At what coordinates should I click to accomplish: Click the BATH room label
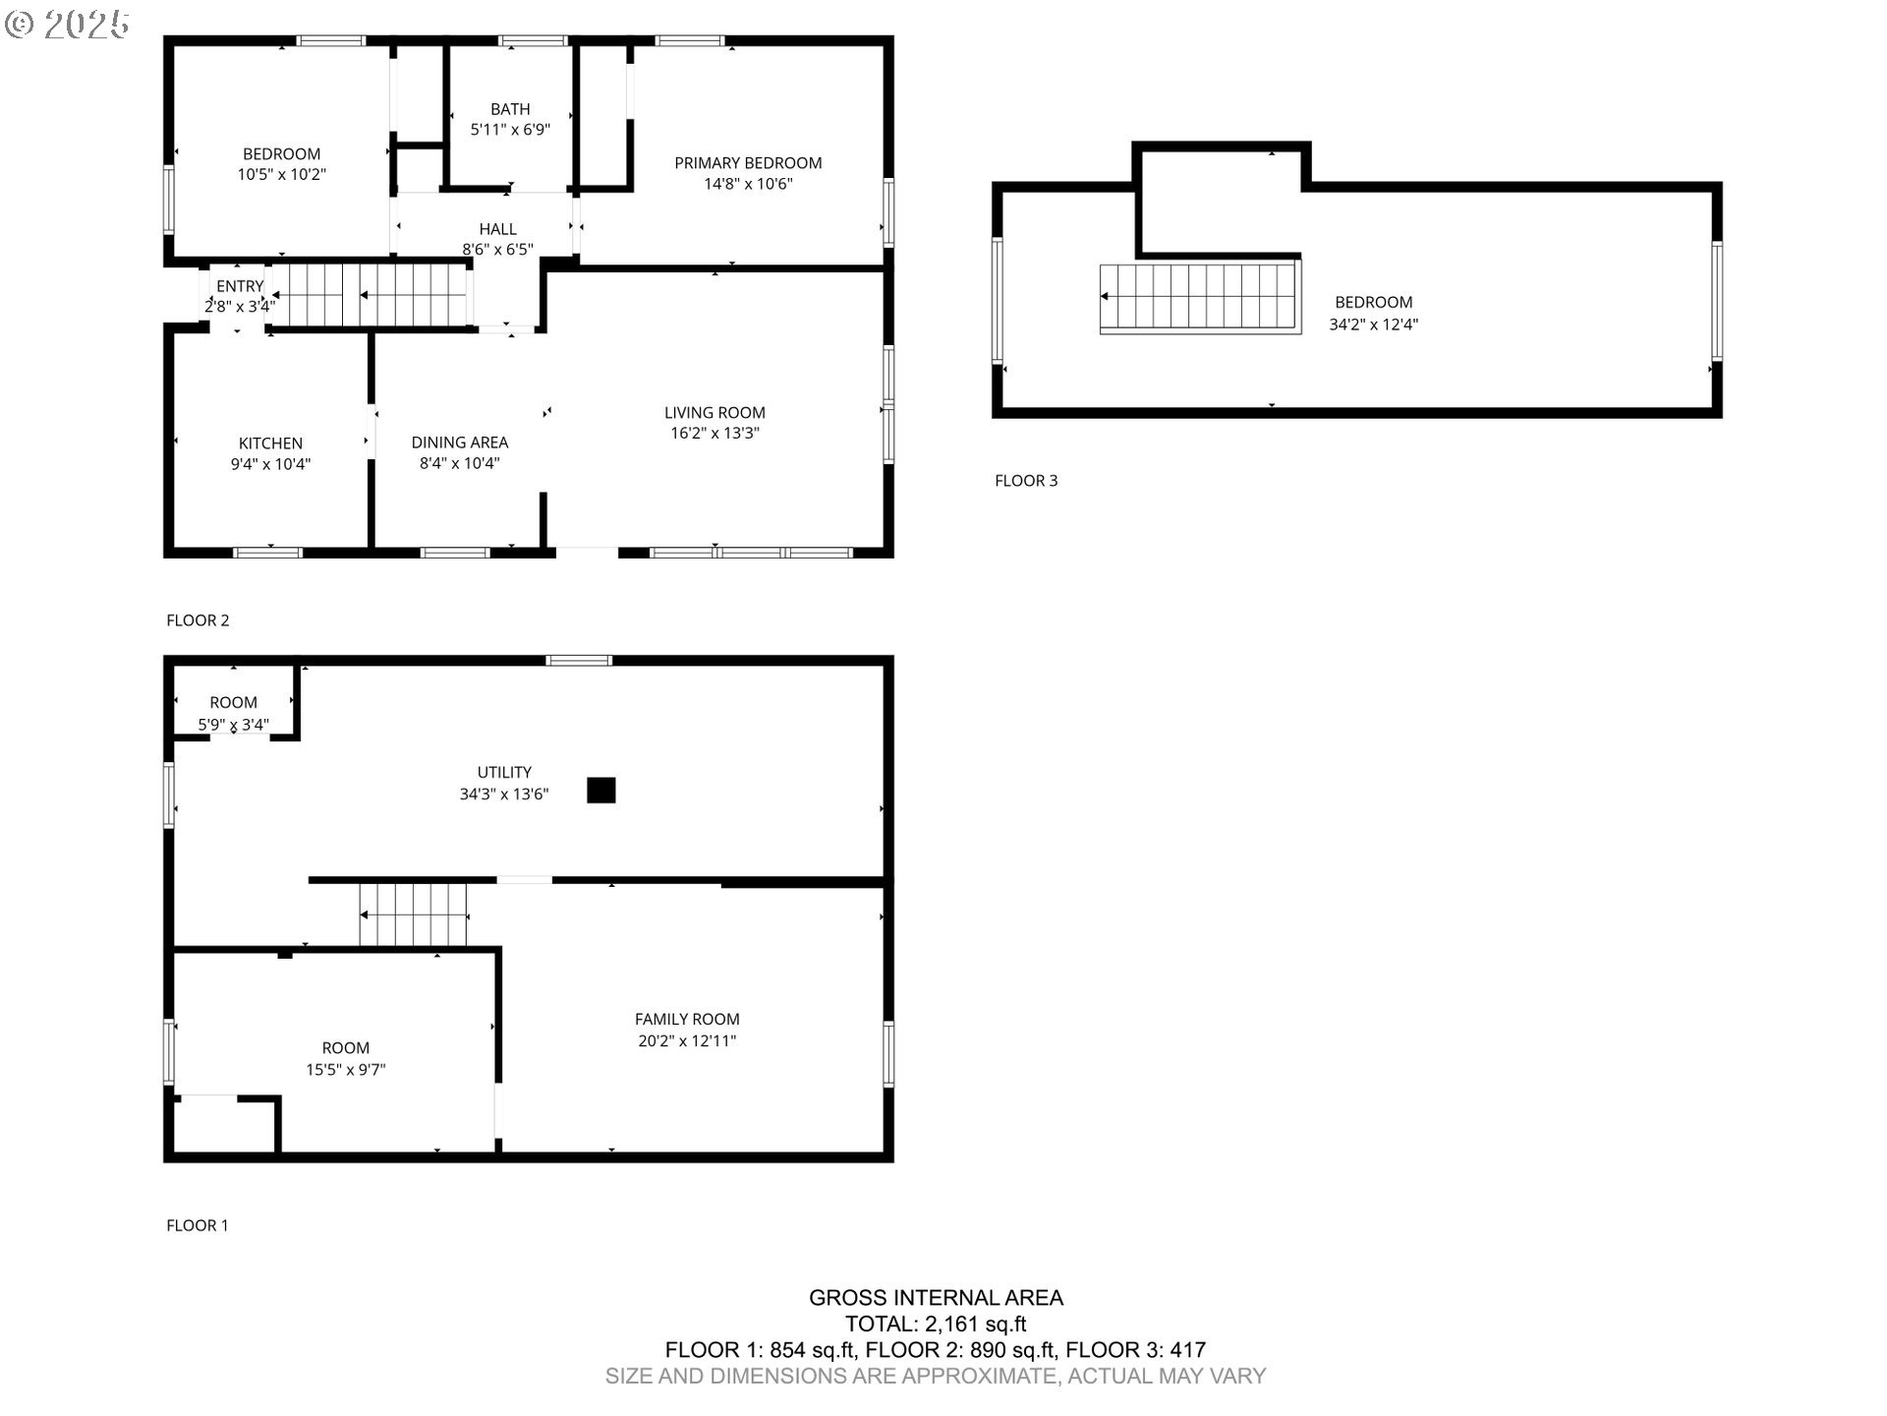[x=510, y=109]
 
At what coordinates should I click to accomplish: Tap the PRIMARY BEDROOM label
[x=748, y=163]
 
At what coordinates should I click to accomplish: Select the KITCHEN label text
[x=270, y=443]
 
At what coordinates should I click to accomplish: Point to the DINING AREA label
[x=460, y=442]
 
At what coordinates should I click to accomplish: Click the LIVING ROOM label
[x=715, y=413]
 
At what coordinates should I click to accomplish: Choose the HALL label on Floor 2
[x=498, y=229]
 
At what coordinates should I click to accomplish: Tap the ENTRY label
[x=240, y=286]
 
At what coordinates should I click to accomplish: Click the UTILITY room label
[x=504, y=773]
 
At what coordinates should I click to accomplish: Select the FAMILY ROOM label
[x=687, y=1020]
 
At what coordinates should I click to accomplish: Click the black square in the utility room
[x=601, y=791]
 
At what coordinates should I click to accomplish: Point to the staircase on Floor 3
[x=1200, y=297]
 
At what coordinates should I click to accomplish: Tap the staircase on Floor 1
[x=414, y=914]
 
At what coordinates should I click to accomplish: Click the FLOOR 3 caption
[x=1026, y=481]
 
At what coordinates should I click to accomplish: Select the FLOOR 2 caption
[x=198, y=620]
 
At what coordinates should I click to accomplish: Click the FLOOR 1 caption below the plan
[x=198, y=1225]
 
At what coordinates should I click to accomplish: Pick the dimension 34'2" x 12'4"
[x=1374, y=324]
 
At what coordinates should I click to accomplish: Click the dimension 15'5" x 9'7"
[x=346, y=1070]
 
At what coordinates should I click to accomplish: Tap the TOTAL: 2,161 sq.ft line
[x=936, y=1325]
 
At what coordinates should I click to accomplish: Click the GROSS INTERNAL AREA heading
[x=936, y=1298]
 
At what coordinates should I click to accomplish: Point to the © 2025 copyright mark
[x=67, y=25]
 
